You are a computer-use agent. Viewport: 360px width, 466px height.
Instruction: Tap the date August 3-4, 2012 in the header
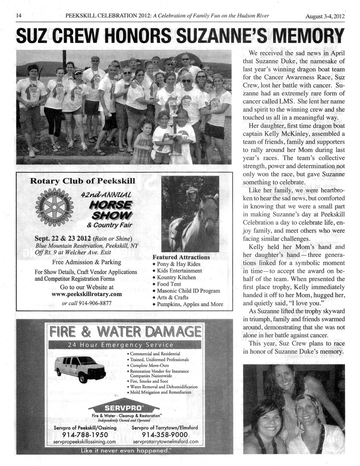coord(325,17)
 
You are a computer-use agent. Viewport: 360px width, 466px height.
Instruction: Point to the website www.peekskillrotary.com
coord(86,294)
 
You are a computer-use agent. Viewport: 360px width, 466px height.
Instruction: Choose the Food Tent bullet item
coord(169,284)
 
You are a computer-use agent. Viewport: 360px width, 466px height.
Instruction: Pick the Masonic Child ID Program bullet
coord(188,291)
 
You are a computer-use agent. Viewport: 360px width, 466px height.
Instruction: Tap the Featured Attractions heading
coord(181,257)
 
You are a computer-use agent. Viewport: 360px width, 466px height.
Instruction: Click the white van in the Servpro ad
coord(80,368)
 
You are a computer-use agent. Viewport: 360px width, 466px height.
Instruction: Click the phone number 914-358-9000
coord(165,435)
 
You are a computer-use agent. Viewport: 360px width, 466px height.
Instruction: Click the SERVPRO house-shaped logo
coord(124,408)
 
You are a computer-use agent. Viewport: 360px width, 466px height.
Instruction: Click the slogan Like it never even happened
coord(124,451)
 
